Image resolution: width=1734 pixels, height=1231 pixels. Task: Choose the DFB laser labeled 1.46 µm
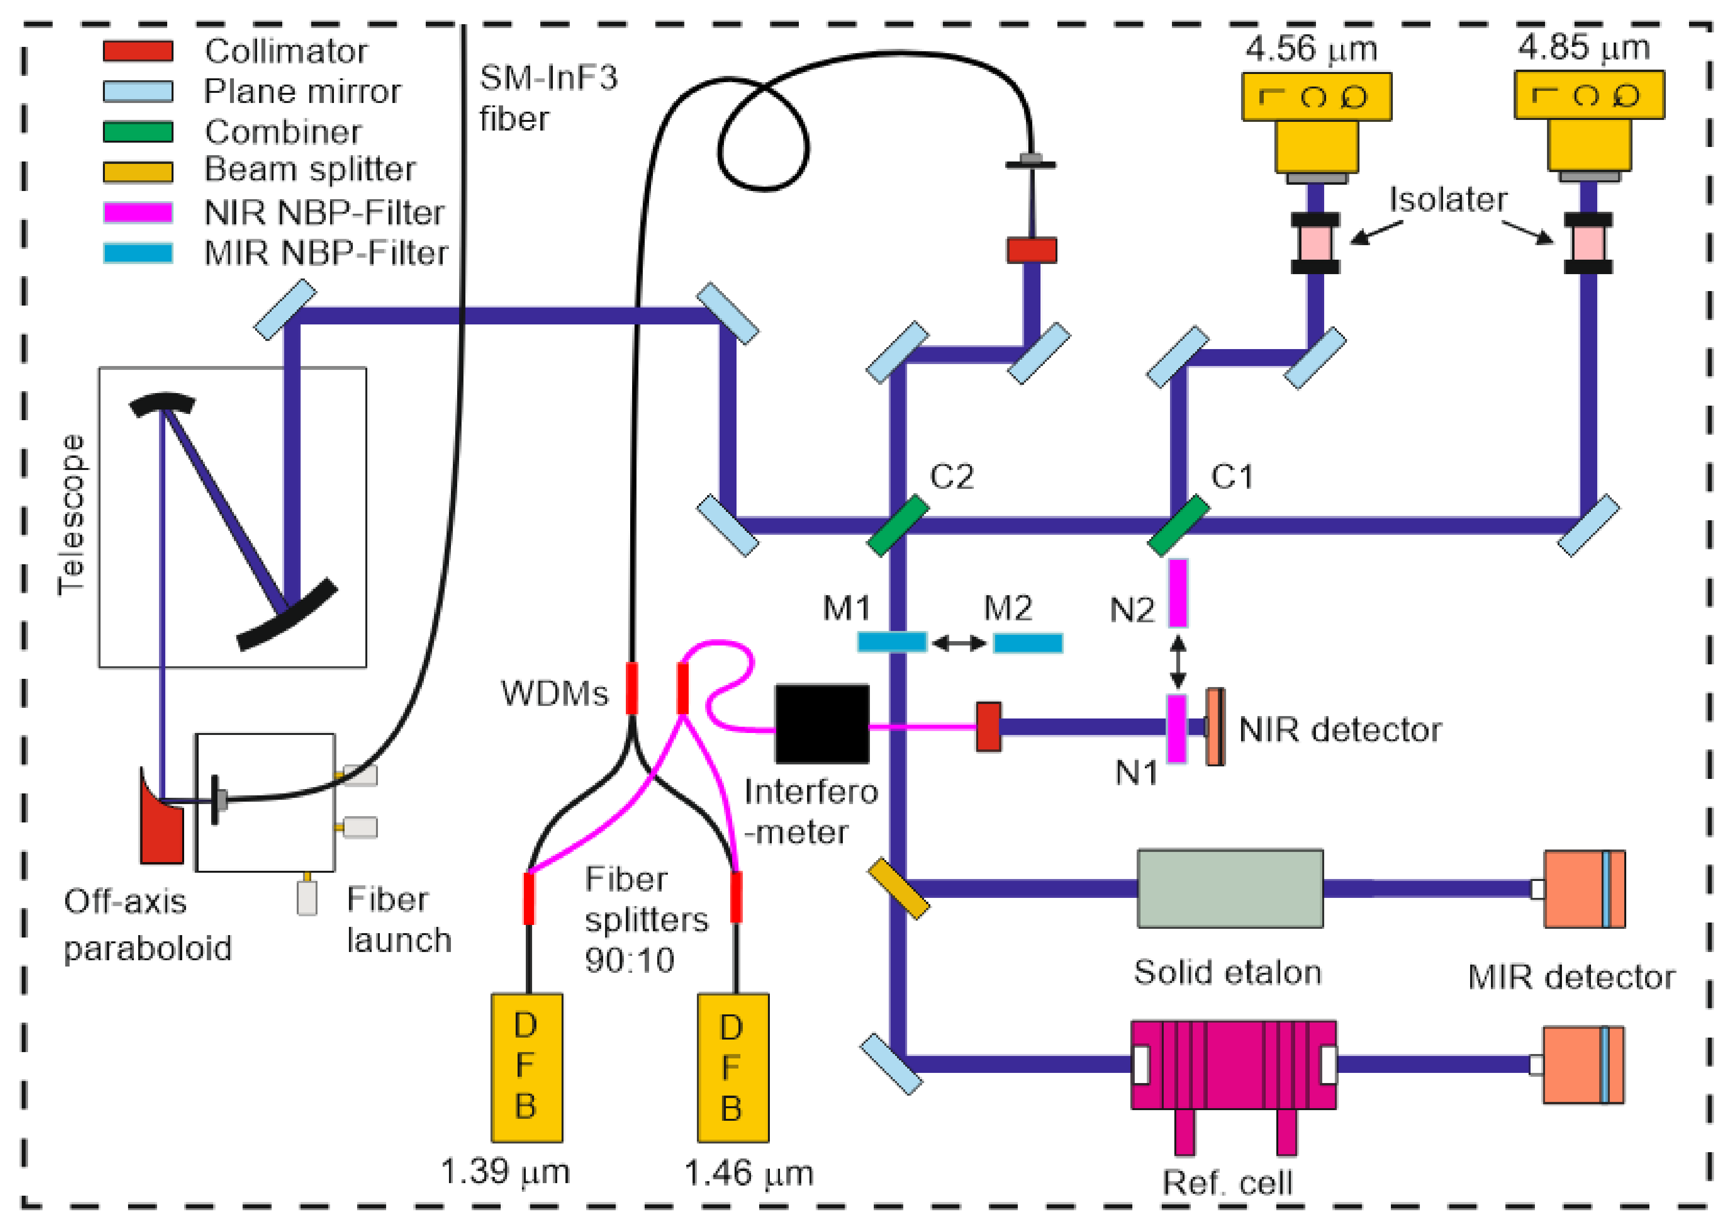coord(733,1067)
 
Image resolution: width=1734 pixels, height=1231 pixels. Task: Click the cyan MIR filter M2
coord(1027,643)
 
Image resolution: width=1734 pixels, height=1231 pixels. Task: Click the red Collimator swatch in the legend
coord(138,51)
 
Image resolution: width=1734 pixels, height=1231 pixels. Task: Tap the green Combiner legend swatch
coord(138,132)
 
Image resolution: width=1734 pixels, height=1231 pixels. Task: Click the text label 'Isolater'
coord(1447,199)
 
